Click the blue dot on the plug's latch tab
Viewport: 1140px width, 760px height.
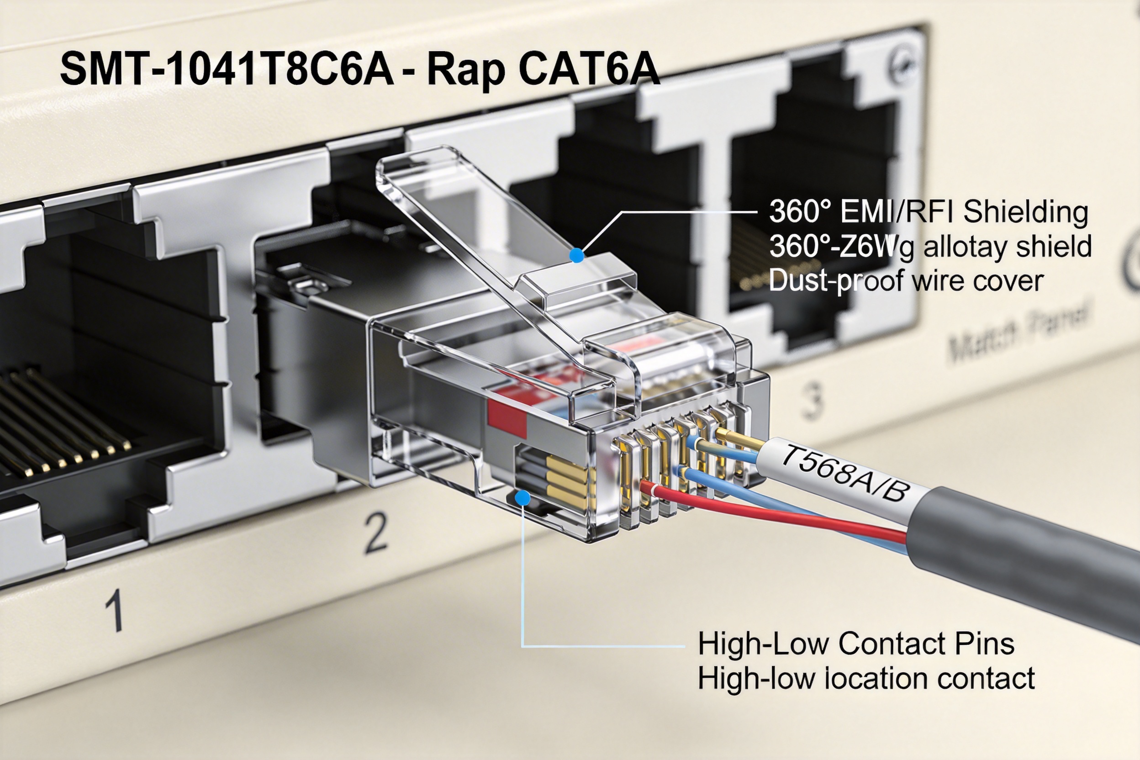pyautogui.click(x=576, y=255)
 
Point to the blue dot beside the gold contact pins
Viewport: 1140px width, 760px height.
pyautogui.click(x=522, y=498)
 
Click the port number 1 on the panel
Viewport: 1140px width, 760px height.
pyautogui.click(x=114, y=610)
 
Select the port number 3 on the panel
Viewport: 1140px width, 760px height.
pyautogui.click(x=813, y=401)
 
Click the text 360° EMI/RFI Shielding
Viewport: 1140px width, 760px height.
pyautogui.click(x=929, y=212)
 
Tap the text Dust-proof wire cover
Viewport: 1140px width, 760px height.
pyautogui.click(x=905, y=280)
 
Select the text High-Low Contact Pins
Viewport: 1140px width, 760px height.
pyautogui.click(x=856, y=644)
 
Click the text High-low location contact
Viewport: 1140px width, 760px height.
pyautogui.click(x=866, y=678)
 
